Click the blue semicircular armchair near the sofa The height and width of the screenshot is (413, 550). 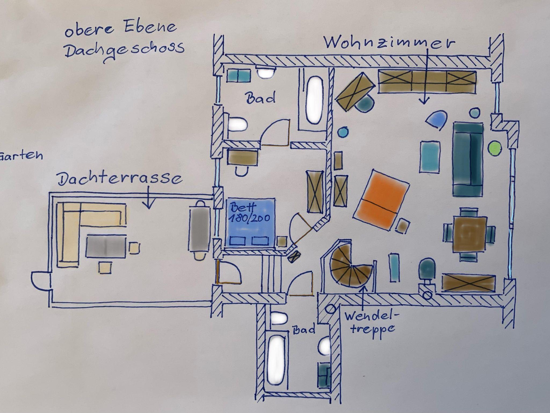pyautogui.click(x=437, y=119)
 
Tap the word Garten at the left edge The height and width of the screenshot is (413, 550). pyautogui.click(x=21, y=155)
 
